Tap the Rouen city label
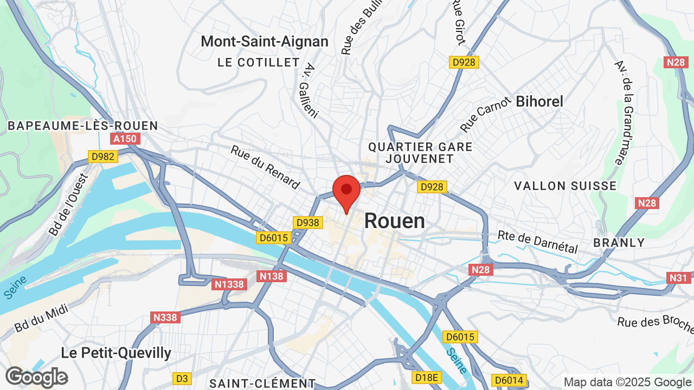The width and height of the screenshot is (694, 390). pos(394,221)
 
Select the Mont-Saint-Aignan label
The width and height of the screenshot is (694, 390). pos(265,42)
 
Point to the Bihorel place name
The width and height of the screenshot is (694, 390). pos(539,101)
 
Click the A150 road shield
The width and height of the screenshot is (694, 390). pos(125,139)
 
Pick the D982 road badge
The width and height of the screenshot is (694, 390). pos(103,157)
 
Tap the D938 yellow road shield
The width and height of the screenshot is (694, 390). pos(308,223)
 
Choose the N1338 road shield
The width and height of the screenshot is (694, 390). pos(230,284)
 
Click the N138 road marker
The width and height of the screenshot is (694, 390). pos(272,277)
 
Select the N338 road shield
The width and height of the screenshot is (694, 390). pos(166,317)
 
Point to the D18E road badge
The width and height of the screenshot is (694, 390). pos(427,378)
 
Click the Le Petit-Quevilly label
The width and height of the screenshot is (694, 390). pos(116,353)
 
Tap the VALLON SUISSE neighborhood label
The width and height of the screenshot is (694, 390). pos(565,186)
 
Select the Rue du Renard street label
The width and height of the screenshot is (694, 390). pos(265,167)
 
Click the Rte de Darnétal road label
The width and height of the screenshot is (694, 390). pos(537,242)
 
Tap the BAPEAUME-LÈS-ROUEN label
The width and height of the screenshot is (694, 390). pos(83,126)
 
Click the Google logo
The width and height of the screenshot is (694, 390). pos(36,377)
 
